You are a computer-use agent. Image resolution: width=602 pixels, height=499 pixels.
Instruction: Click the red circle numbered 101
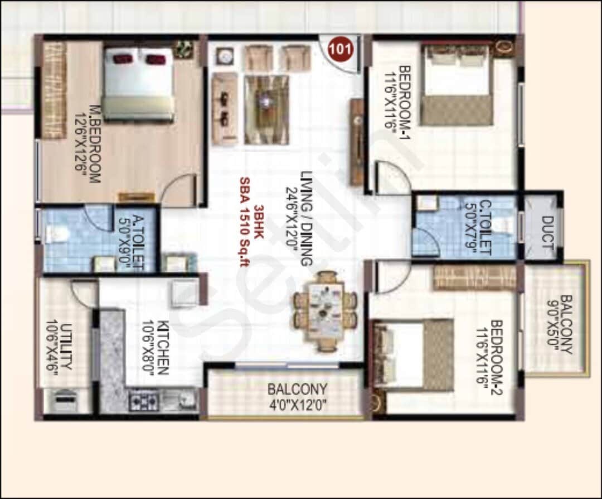click(x=341, y=48)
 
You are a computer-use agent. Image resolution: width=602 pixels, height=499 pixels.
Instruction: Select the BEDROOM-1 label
click(x=405, y=104)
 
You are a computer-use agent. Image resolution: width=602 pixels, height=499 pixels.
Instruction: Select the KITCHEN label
click(x=163, y=348)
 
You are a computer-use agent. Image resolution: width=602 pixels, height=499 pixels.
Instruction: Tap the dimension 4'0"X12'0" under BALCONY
click(x=297, y=404)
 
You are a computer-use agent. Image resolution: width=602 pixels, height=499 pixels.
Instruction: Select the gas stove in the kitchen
click(x=144, y=400)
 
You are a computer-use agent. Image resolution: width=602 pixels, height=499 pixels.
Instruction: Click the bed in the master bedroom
click(x=138, y=84)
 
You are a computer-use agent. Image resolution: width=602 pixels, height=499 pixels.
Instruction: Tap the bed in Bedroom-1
click(x=457, y=85)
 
